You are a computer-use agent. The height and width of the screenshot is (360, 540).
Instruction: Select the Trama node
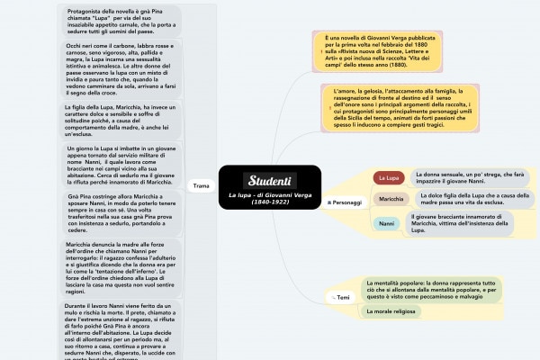pyautogui.click(x=201, y=186)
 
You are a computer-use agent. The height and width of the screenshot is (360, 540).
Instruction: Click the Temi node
pyautogui.click(x=343, y=296)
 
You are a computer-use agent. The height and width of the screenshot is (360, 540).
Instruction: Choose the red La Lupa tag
pyautogui.click(x=388, y=178)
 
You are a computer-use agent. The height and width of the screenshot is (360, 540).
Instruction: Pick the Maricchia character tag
pyautogui.click(x=391, y=199)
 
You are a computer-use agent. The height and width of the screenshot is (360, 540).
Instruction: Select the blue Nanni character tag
pyautogui.click(x=386, y=222)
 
